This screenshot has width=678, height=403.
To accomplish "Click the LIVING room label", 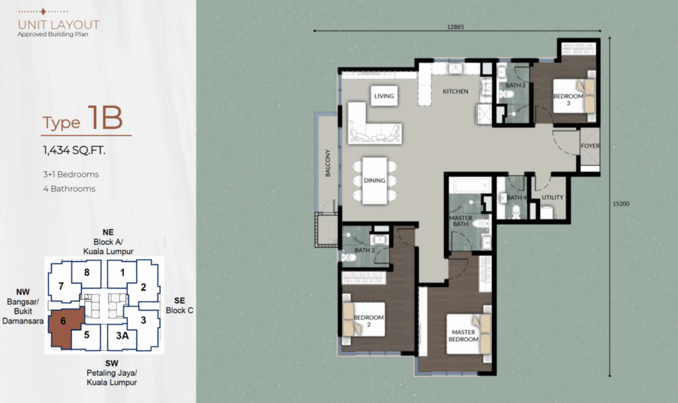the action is (x=384, y=96).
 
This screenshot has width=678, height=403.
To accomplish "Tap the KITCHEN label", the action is (x=456, y=91).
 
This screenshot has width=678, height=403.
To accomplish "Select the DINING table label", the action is (x=375, y=181).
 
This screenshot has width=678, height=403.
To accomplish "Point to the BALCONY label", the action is (x=327, y=163).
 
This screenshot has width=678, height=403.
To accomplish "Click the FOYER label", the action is (x=590, y=146).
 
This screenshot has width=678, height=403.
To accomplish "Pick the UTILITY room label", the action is (x=553, y=197).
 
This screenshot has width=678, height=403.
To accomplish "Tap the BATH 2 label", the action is (x=365, y=250).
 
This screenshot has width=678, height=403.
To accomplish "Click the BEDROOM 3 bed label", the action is (x=568, y=99).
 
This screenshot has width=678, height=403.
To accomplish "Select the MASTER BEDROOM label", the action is (x=463, y=336).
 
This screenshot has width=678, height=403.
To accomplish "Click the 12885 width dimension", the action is (x=456, y=26).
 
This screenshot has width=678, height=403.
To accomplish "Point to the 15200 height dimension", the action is (x=621, y=204).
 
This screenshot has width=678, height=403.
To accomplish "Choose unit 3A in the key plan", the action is (x=122, y=336).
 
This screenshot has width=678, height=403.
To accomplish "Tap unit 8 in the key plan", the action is (x=87, y=273).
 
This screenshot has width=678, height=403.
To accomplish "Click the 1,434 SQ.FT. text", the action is (x=74, y=150).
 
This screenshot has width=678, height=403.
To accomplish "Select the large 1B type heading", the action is (x=105, y=118).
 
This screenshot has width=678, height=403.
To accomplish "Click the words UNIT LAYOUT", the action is (x=58, y=25).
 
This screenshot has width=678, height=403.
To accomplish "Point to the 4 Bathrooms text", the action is (x=69, y=189).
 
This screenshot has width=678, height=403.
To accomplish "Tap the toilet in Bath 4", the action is (x=516, y=211).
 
